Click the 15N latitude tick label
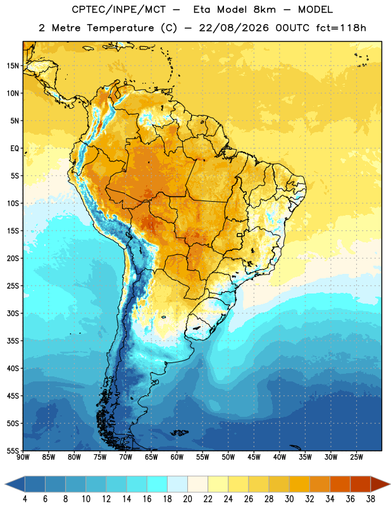coord(13,66)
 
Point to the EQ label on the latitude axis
coord(15,149)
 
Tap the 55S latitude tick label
coord(13,450)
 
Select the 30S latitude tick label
coord(13,313)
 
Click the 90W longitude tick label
coord(23,457)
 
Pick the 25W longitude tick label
coord(356,457)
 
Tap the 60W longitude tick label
coord(177,457)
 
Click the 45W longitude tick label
coord(254,457)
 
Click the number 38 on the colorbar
coord(371,499)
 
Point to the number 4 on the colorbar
coord(25,499)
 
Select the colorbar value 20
coord(187,499)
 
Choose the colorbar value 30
coord(289,499)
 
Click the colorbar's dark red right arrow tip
coord(390,484)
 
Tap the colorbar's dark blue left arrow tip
coord(5,484)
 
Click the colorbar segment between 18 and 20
coord(177,484)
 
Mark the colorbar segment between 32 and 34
coord(320,484)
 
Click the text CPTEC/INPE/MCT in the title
coord(118,9)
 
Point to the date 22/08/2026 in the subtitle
coord(233,28)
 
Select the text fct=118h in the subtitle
coord(341,28)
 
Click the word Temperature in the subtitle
coord(120,28)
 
